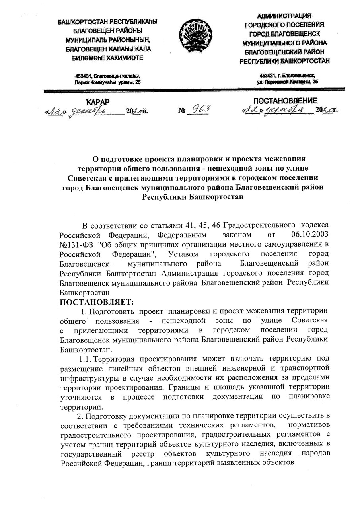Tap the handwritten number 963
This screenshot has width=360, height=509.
pyautogui.click(x=198, y=109)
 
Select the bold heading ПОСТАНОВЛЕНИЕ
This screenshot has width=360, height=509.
pyautogui.click(x=286, y=101)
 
